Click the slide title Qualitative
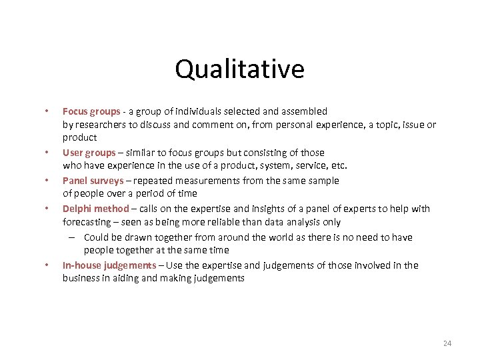pyautogui.click(x=239, y=69)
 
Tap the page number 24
pyautogui.click(x=447, y=343)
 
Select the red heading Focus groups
pyautogui.click(x=91, y=111)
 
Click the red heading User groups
pyautogui.click(x=89, y=153)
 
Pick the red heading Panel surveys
pyautogui.click(x=93, y=181)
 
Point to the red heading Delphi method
pyautogui.click(x=95, y=209)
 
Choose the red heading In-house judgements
pyautogui.click(x=109, y=265)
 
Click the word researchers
pyautogui.click(x=100, y=125)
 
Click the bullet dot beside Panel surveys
pyautogui.click(x=46, y=181)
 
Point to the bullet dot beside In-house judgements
pyautogui.click(x=46, y=265)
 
